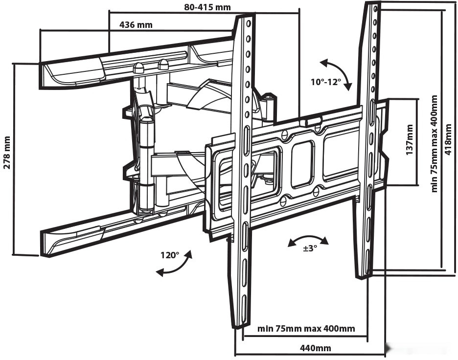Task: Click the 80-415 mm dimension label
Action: pyautogui.click(x=207, y=7)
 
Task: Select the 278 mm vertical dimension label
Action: pyautogui.click(x=7, y=153)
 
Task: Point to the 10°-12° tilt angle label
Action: pyautogui.click(x=325, y=82)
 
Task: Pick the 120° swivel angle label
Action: pyautogui.click(x=170, y=255)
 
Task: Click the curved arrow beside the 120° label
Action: pyautogui.click(x=174, y=264)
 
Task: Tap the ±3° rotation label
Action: pyautogui.click(x=310, y=248)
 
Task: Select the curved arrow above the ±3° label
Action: pyautogui.click(x=308, y=240)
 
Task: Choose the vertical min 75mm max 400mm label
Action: pyautogui.click(x=435, y=143)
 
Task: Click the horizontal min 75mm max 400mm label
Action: pyautogui.click(x=306, y=328)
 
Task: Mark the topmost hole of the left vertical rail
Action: pyautogui.click(x=248, y=23)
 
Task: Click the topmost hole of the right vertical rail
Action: pyautogui.click(x=375, y=9)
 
